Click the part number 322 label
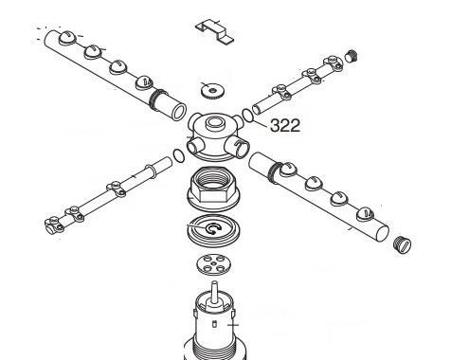pos(285,126)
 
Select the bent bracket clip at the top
pos(215,31)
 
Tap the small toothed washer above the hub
pos(212,90)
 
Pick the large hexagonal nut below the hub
pos(214,189)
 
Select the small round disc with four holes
pos(213,264)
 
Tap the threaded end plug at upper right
pos(351,57)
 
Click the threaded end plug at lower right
pos(403,243)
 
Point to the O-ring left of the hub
pos(179,155)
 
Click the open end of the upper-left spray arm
pos(179,112)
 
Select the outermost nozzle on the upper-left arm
pos(67,38)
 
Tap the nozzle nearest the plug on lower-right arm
pos(366,214)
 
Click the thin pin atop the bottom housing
pos(215,290)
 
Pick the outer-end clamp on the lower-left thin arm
pos(54,225)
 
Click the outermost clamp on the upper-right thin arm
pos(333,63)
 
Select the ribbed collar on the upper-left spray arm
pos(157,99)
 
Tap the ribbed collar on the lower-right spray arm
pos(275,171)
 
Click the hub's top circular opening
pos(215,122)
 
